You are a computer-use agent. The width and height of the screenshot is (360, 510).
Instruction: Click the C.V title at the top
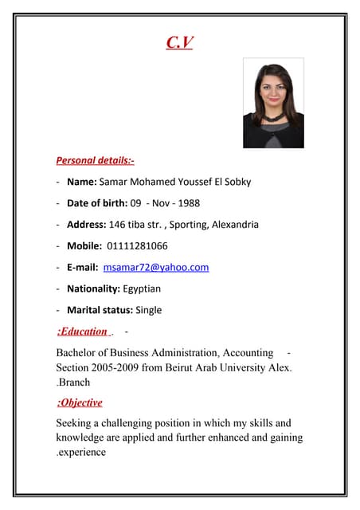(x=179, y=42)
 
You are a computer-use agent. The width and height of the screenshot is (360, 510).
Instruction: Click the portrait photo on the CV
(x=273, y=104)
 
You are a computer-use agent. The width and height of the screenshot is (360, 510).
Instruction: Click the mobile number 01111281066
(x=137, y=246)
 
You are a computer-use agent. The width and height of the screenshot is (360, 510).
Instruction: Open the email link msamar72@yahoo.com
(x=156, y=268)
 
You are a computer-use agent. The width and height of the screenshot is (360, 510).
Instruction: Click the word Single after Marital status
(x=148, y=310)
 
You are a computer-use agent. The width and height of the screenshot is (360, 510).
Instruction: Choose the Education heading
(x=82, y=331)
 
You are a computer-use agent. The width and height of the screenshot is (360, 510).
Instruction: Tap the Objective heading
(x=80, y=402)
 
